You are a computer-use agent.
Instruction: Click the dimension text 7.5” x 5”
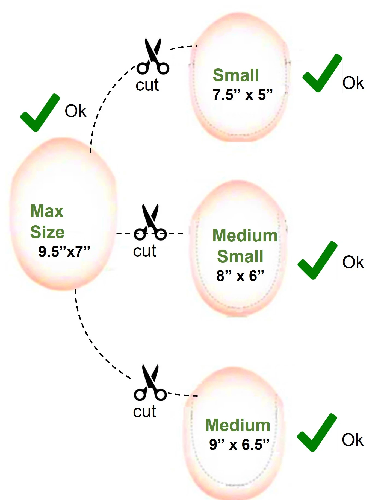point(243,95)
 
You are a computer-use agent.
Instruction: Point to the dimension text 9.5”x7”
point(64,252)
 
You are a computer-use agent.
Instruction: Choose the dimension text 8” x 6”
point(240,276)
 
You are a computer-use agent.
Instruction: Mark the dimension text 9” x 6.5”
point(239,444)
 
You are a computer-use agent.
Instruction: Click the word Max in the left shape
point(47,211)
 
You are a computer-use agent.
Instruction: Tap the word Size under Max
point(47,232)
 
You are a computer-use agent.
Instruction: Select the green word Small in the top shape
point(236,75)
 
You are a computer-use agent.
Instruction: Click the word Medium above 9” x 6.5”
point(238,425)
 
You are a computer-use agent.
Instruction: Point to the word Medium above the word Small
point(245,236)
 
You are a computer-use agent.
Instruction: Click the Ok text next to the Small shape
point(353,83)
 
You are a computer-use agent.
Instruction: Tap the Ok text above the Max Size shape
point(75,111)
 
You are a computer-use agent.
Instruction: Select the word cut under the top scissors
point(147,85)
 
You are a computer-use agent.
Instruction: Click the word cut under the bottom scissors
point(144,411)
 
